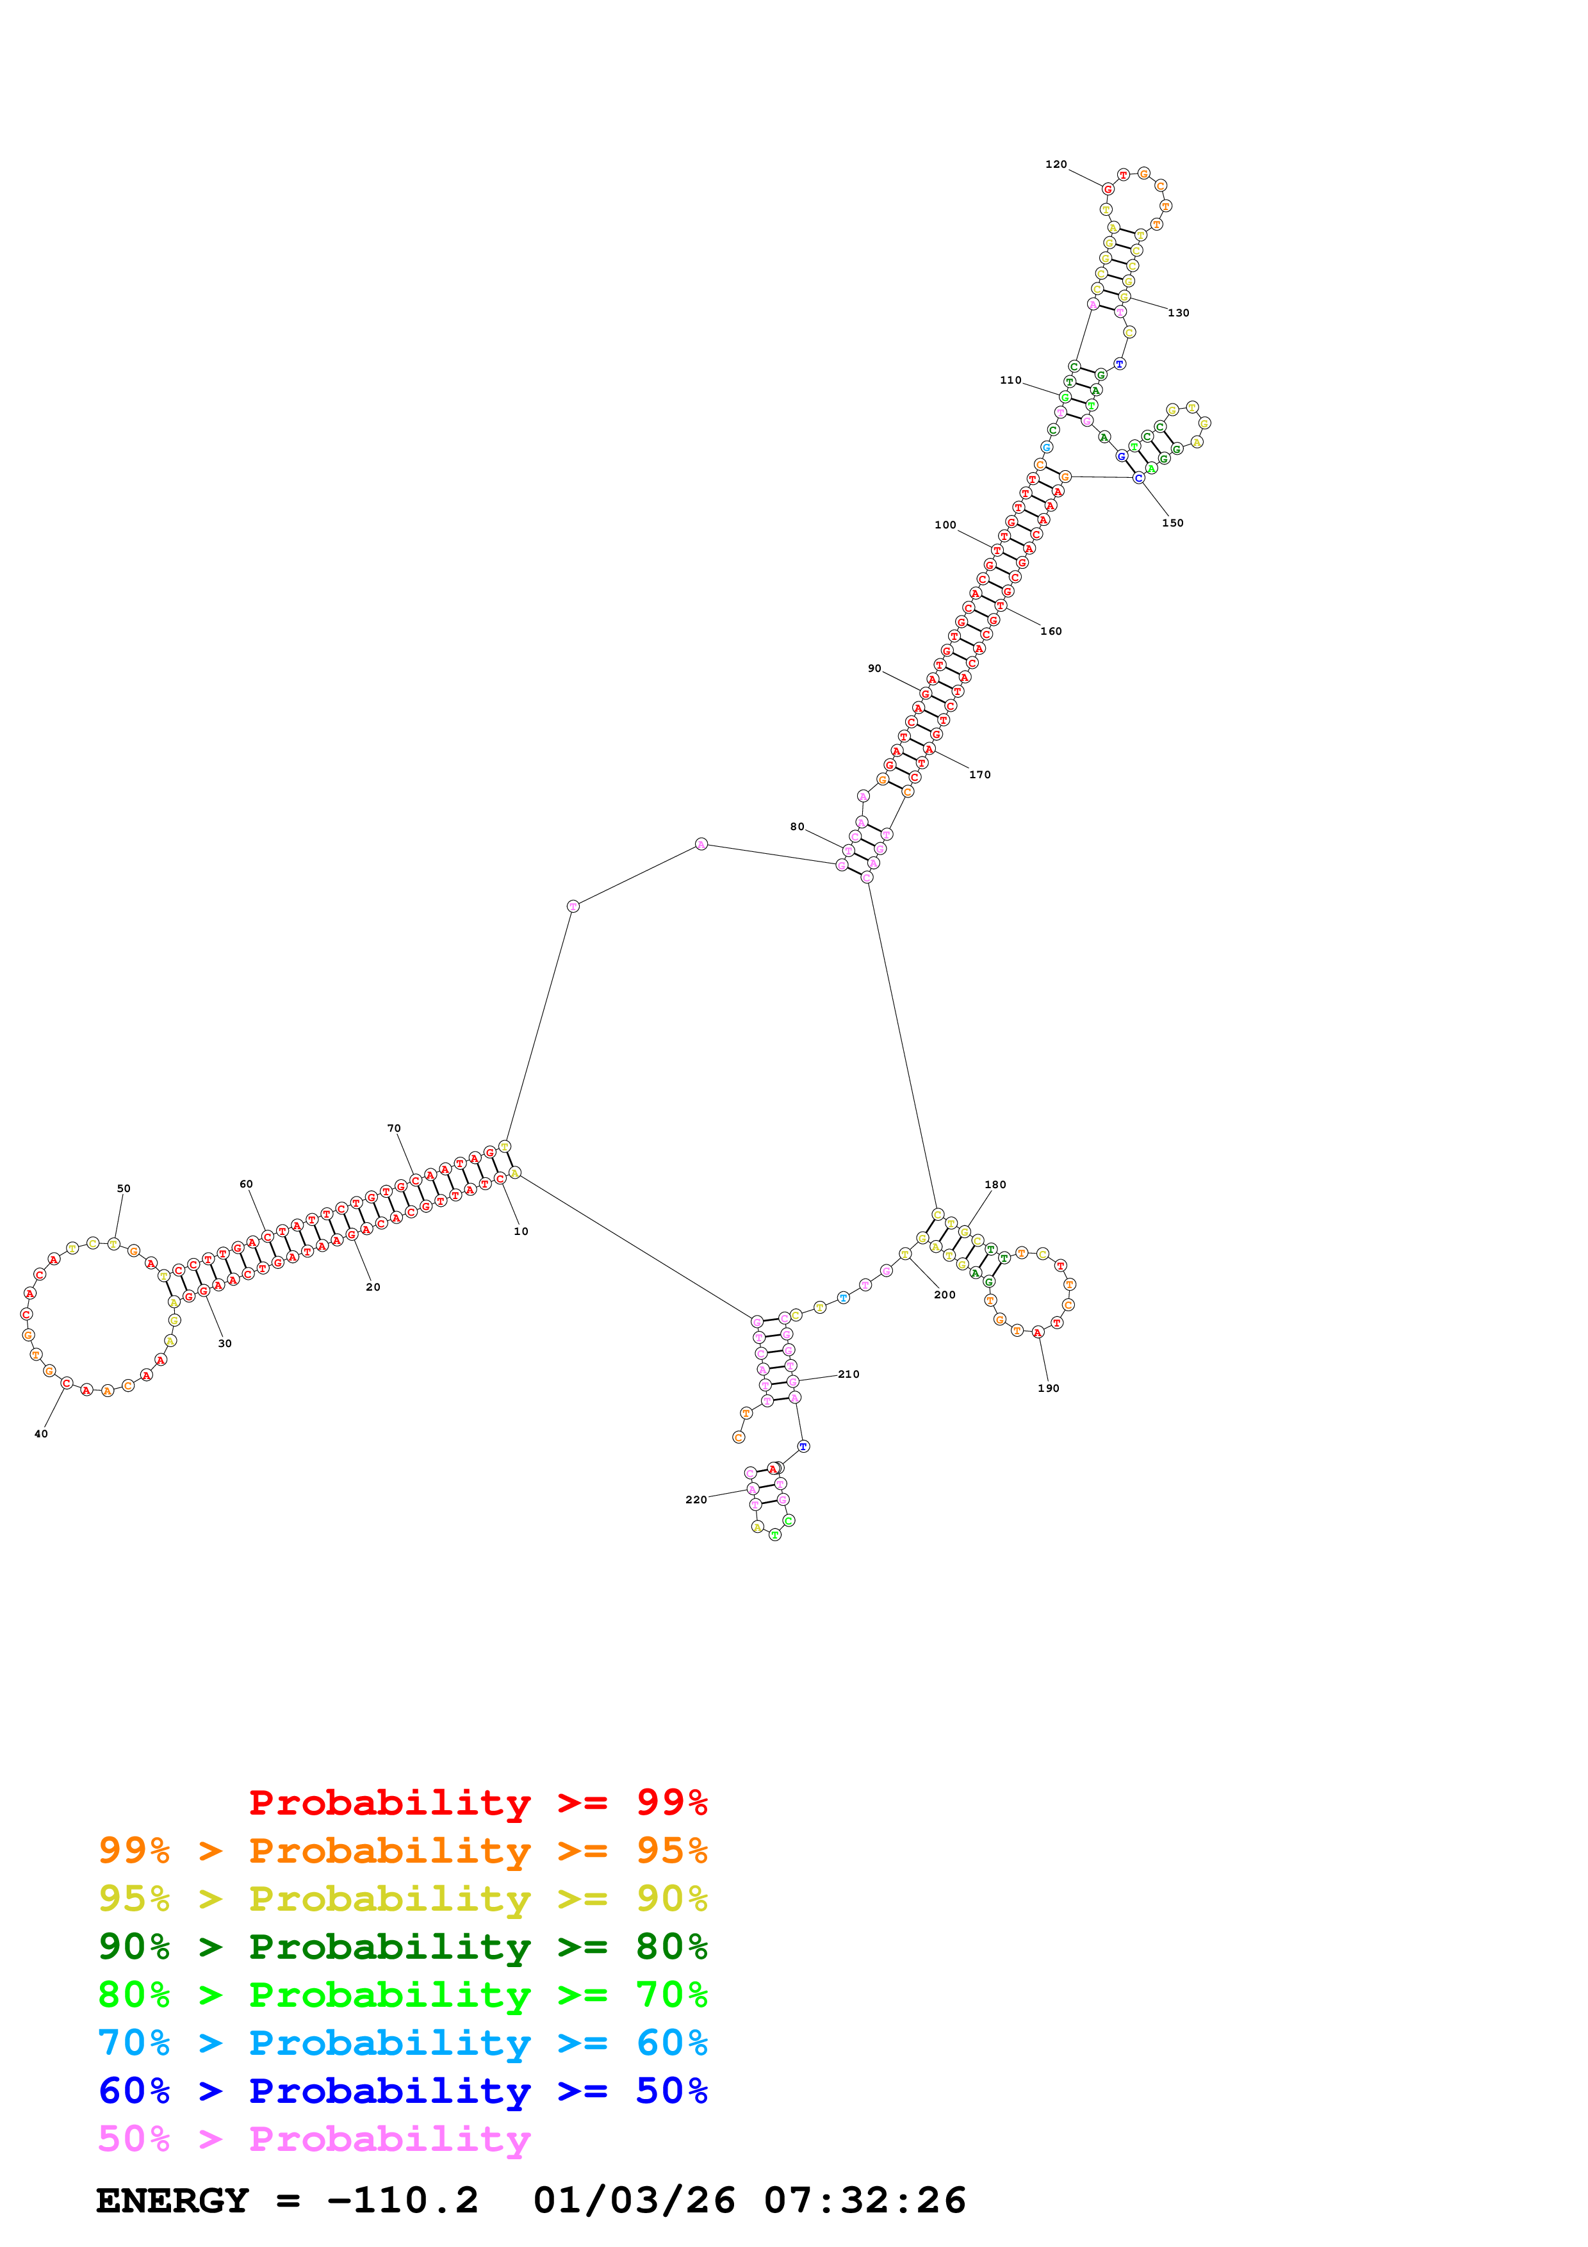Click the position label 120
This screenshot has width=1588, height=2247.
[x=1056, y=165]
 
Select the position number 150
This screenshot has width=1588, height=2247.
[x=1172, y=523]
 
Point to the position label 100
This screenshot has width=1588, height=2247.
[x=945, y=525]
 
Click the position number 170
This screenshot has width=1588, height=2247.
[x=979, y=774]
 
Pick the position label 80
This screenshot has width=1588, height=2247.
[x=798, y=827]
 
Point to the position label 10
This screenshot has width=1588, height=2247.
[x=521, y=1231]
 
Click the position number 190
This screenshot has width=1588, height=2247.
[x=1048, y=1388]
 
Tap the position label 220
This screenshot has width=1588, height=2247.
[x=696, y=1499]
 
